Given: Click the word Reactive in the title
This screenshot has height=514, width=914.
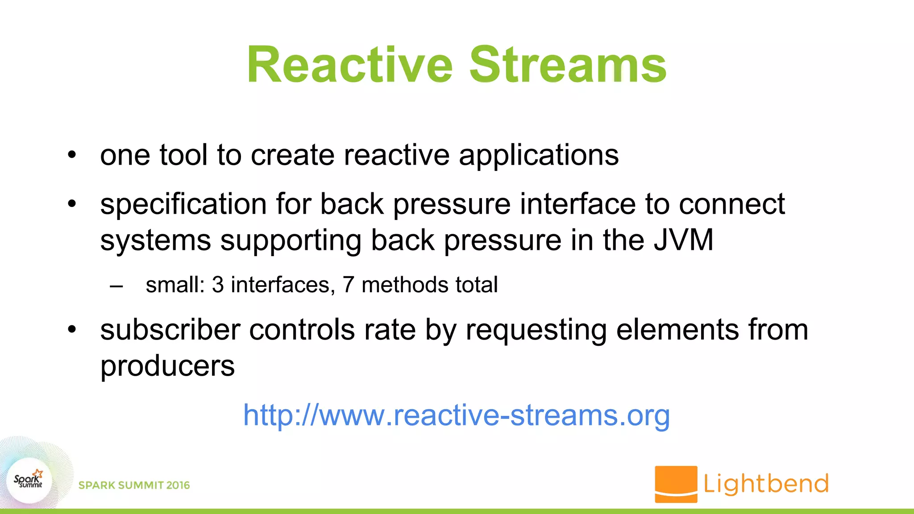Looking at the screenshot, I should tap(349, 65).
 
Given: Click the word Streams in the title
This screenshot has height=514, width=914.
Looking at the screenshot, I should tap(568, 65).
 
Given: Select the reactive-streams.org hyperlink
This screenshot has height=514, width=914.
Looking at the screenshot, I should tap(456, 415).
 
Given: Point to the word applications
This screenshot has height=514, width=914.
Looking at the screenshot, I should tap(539, 156).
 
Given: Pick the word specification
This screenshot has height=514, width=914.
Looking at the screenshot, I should tap(183, 205).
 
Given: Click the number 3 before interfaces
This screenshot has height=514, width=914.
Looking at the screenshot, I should tap(218, 285).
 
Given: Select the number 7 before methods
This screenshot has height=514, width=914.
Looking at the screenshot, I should tap(348, 285).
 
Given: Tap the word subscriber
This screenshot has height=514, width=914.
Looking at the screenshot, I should tap(170, 330).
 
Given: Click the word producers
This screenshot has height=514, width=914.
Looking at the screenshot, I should tap(167, 367).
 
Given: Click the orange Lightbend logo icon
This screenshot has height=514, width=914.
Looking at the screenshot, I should tap(676, 484).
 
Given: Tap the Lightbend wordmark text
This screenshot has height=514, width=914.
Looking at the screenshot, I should tap(766, 484).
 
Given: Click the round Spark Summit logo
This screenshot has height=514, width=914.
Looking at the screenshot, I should tap(29, 481).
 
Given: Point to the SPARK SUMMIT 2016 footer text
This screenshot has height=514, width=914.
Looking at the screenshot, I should tap(134, 485).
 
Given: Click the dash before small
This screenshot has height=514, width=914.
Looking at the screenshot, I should tap(116, 286).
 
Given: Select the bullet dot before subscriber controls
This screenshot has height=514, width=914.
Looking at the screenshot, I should tap(72, 330).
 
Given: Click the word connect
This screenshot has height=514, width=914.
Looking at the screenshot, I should tap(731, 204).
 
